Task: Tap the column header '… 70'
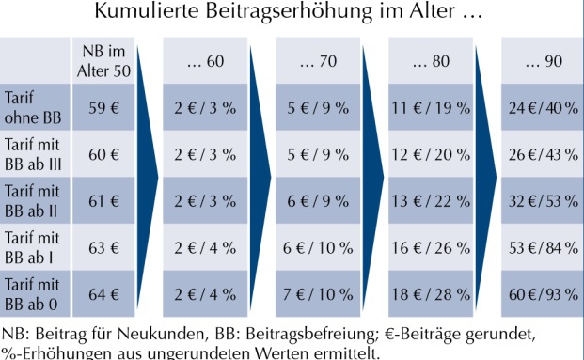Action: coord(318,62)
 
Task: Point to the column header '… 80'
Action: coord(431,62)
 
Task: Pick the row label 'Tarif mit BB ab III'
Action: coord(35,154)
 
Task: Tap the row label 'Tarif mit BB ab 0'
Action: coord(33,291)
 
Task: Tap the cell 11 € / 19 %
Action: coord(431,107)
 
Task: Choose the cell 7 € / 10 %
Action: coord(318,291)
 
